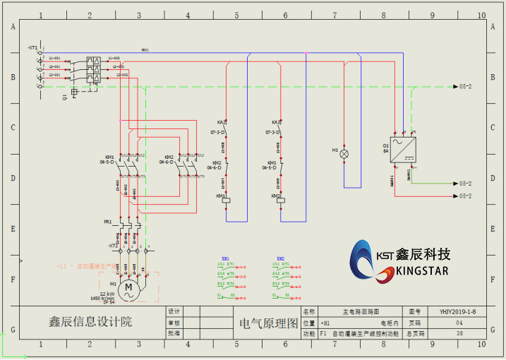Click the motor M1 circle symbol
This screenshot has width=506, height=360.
point(128,287)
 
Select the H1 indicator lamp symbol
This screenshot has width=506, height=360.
point(344,152)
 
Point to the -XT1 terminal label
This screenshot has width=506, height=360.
point(33,47)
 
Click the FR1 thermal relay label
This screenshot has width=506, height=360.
point(108,222)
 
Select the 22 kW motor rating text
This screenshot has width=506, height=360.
point(107,294)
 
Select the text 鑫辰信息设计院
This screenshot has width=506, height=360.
point(90,322)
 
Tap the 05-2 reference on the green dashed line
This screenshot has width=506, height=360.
point(466,87)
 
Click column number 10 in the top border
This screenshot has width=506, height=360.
point(481,15)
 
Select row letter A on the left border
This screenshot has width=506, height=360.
point(12,27)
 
